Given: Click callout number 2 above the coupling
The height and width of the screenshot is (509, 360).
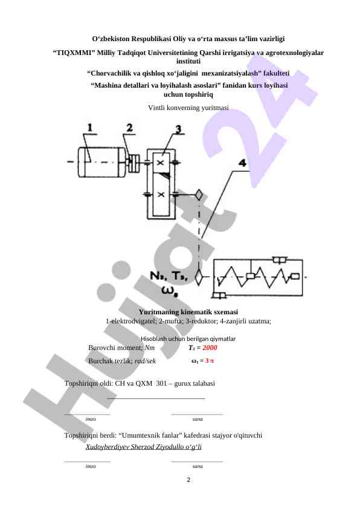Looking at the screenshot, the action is tap(130, 128).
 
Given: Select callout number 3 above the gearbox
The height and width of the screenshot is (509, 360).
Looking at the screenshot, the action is tap(178, 129).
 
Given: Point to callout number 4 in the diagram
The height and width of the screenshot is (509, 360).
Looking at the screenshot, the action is tap(243, 163).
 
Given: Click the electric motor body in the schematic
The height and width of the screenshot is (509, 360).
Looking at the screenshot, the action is tap(102, 162).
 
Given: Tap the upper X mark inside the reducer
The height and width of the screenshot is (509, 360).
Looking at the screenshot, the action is tap(160, 163).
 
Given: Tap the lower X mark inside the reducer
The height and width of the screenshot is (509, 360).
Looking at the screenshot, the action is tap(161, 195).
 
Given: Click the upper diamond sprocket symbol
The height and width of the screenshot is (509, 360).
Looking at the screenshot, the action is tap(199, 195).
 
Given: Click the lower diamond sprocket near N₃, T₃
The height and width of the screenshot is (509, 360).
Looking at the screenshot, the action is tap(199, 278).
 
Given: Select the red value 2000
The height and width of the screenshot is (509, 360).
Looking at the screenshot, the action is tap(210, 348).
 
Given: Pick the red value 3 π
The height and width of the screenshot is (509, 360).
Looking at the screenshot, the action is tap(210, 361).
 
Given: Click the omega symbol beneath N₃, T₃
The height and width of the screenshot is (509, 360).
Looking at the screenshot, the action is tap(169, 291).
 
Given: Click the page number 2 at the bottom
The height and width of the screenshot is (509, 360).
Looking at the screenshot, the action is tap(188, 480).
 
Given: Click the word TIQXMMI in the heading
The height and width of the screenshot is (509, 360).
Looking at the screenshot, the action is tap(74, 53).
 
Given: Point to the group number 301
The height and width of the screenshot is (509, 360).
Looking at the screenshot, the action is tap(161, 383).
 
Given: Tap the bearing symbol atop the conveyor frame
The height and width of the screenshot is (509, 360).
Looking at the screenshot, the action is tap(280, 260).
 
